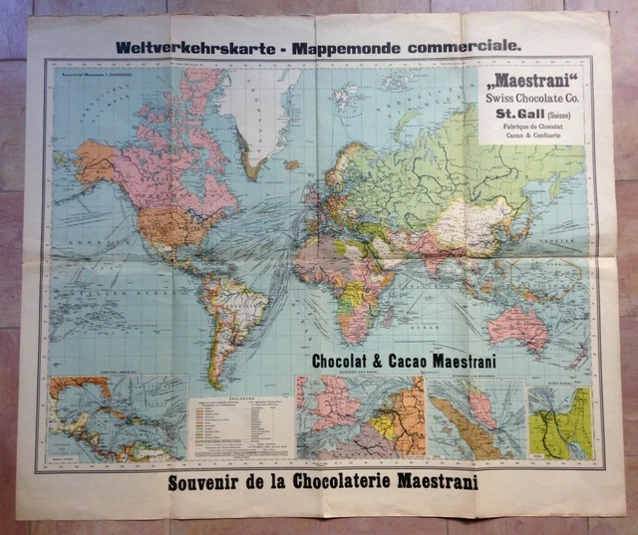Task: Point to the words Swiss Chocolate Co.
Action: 533,98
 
